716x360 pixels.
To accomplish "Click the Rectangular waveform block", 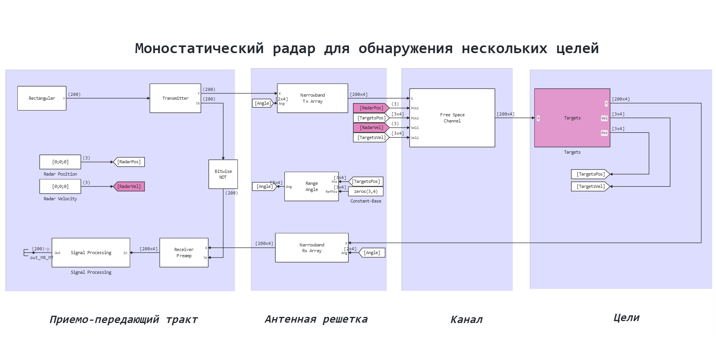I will point(42,98).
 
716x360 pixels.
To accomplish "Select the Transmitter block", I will point(175,98).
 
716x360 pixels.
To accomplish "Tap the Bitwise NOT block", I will point(223,174).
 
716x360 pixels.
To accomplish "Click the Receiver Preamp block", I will point(184,253).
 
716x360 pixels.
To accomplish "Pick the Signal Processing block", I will point(91,253).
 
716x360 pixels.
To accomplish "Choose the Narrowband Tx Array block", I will point(312,98).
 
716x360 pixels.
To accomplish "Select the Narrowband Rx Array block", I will point(311,248).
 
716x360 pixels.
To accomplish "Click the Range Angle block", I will point(311,186).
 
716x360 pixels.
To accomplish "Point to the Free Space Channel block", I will point(452,118).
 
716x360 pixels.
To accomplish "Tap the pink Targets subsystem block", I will point(572,118).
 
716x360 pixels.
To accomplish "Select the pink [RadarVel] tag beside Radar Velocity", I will point(129,186).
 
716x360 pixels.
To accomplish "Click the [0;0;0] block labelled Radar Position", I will point(60,162).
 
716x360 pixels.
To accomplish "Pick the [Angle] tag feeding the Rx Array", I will point(372,253).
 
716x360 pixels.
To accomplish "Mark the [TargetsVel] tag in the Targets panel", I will point(591,186).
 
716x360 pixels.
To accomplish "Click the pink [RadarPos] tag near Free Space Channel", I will point(371,108).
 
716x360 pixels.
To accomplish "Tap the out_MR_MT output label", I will point(42,258).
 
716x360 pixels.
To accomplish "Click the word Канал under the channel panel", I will point(466,319).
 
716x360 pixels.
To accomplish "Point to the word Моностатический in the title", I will point(199,49).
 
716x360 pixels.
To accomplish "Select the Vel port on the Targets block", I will point(604,118).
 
